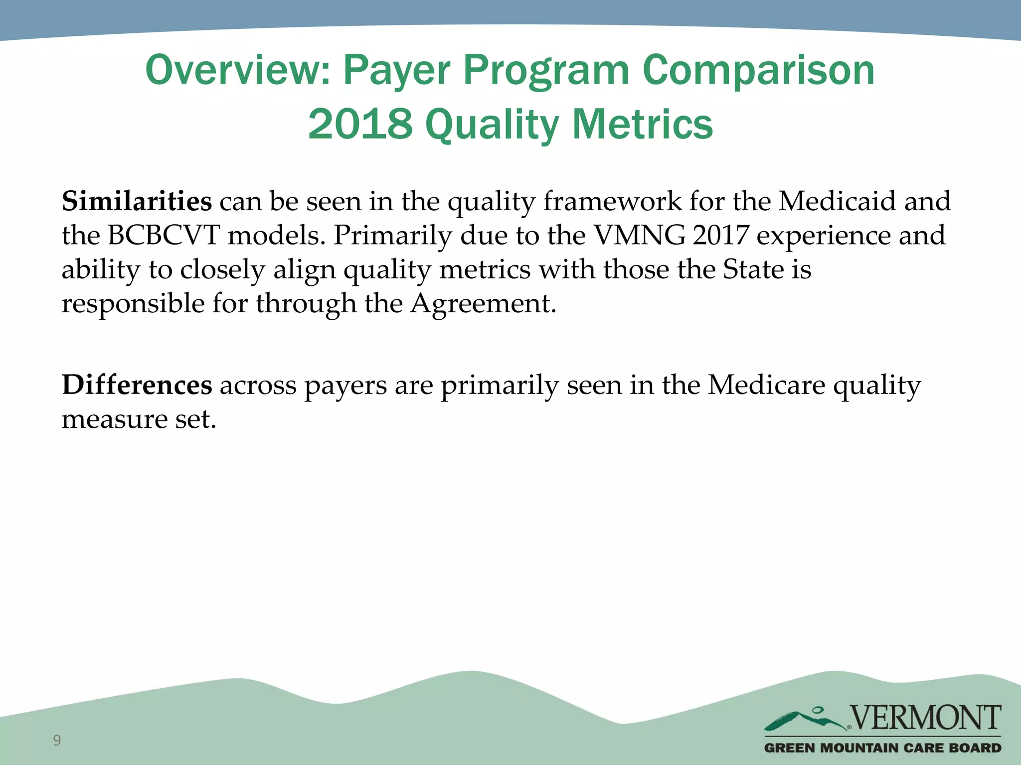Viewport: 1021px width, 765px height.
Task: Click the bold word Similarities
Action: click(137, 201)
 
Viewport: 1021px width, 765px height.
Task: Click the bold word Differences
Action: click(137, 385)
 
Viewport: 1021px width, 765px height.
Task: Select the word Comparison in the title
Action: click(758, 70)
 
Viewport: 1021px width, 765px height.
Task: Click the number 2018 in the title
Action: click(360, 124)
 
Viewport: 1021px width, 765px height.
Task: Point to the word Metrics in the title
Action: click(643, 124)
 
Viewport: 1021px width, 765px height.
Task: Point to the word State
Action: click(753, 269)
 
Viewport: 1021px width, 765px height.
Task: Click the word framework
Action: click(612, 201)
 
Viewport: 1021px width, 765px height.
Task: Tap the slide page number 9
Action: click(57, 740)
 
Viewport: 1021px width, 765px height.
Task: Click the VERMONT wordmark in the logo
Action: click(925, 718)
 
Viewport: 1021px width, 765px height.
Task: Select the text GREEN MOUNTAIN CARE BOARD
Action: click(882, 748)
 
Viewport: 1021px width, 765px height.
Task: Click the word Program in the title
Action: click(546, 70)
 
